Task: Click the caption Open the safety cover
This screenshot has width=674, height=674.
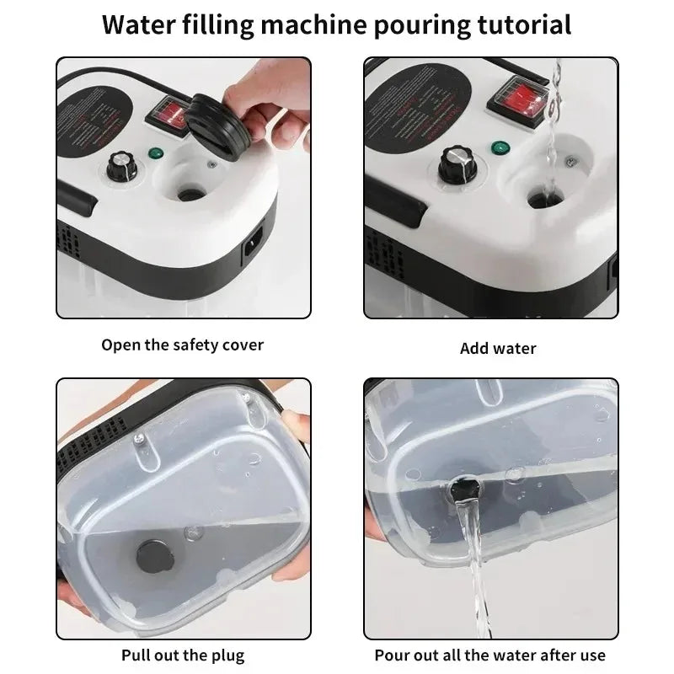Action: [x=183, y=344]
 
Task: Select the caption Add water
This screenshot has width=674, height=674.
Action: [x=498, y=348]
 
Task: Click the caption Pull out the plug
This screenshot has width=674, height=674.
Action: [x=184, y=654]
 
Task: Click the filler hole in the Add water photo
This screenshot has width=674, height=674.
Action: [x=540, y=200]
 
